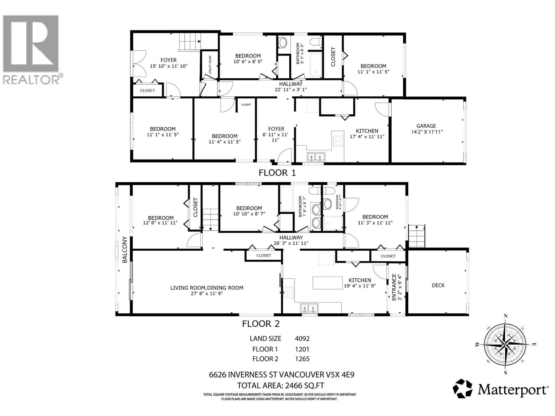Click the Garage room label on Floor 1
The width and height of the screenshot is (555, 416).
click(426, 126)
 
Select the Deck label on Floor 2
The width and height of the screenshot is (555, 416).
click(438, 285)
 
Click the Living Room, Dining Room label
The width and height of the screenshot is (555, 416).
click(207, 288)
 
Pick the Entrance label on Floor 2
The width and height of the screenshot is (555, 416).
click(394, 287)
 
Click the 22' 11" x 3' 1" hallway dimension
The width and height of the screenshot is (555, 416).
click(290, 89)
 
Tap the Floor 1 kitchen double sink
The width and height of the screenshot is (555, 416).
click(316, 158)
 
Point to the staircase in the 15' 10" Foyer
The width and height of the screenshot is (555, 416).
click(189, 42)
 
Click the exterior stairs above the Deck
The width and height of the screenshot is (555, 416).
click(417, 236)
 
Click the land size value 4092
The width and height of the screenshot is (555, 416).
click(302, 339)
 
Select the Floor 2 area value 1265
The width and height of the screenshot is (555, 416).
click(302, 359)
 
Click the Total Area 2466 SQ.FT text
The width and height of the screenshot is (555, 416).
click(281, 385)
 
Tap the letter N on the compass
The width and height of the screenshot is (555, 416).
click(506, 316)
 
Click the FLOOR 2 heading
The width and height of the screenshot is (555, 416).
click(261, 324)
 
